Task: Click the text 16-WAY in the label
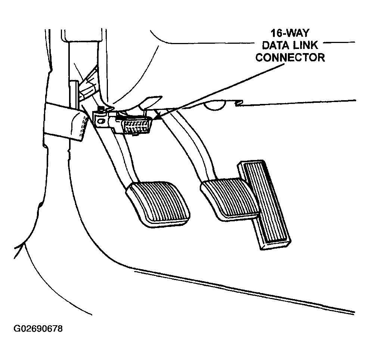point(290,33)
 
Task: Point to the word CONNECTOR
point(290,58)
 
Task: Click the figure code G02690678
point(38,329)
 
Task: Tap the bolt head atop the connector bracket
point(101,109)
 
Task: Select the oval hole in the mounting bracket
point(101,121)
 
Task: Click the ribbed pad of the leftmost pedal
point(158,204)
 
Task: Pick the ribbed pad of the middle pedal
point(229,199)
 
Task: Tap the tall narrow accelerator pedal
point(264,204)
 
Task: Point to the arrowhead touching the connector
point(158,116)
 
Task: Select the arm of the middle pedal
point(191,147)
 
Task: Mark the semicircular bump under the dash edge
point(214,105)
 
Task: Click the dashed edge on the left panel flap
point(83,127)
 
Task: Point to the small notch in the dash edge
point(239,103)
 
